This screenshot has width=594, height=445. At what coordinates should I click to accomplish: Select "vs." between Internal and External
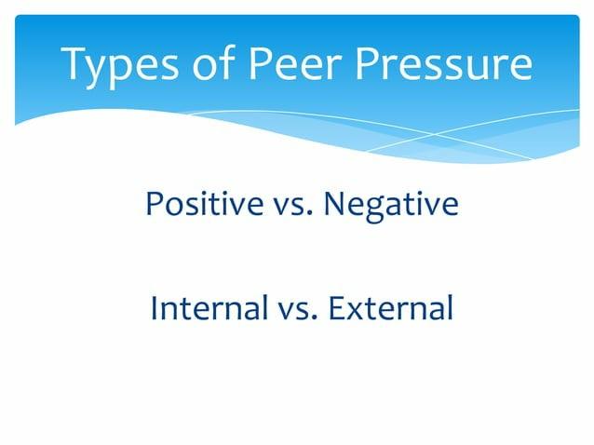pyautogui.click(x=291, y=307)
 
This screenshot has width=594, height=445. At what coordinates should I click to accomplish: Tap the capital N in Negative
pyautogui.click(x=333, y=204)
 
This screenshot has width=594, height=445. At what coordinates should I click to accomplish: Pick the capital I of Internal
pyautogui.click(x=154, y=307)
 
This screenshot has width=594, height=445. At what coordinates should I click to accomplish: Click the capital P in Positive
pyautogui.click(x=152, y=204)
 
